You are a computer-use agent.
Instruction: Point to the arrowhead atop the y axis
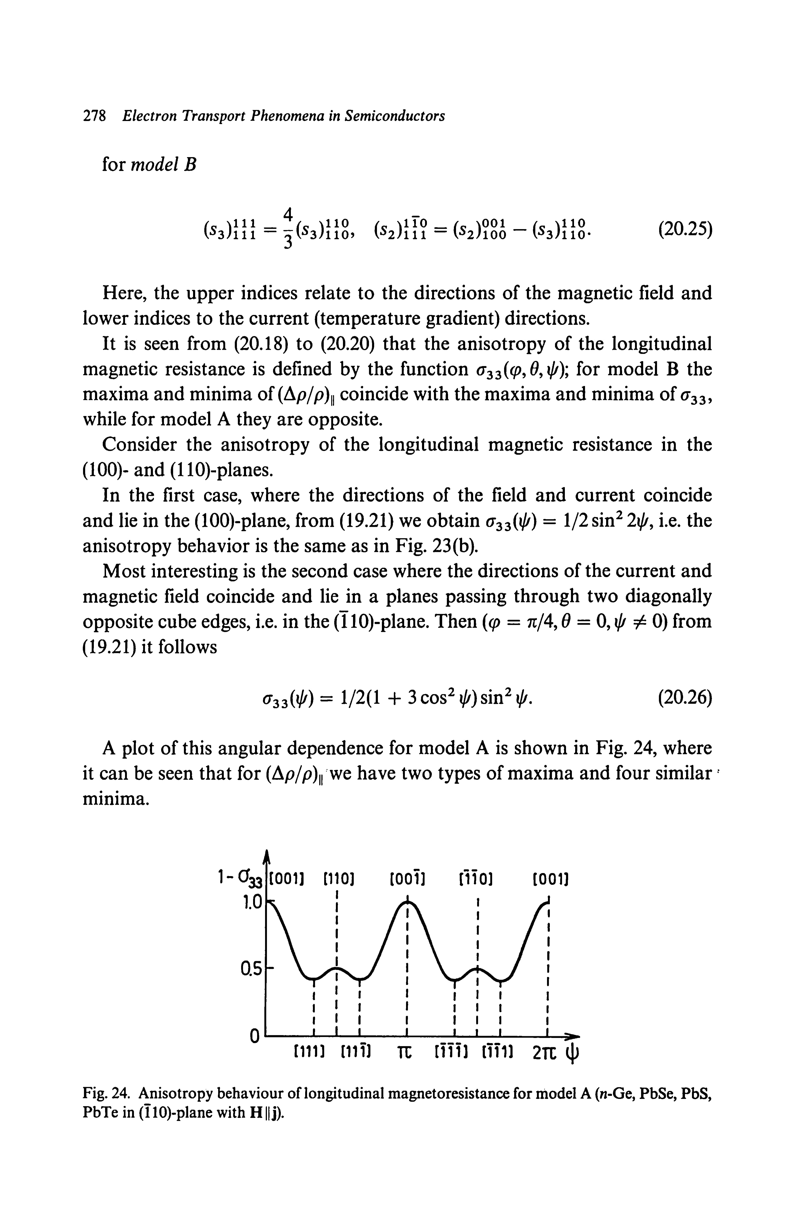266,857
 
